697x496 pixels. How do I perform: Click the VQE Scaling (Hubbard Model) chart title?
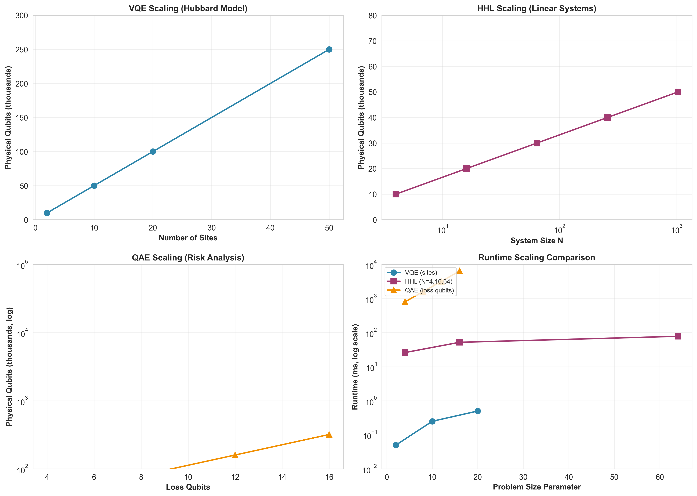pyautogui.click(x=188, y=9)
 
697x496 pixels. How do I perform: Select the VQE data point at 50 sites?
pyautogui.click(x=329, y=50)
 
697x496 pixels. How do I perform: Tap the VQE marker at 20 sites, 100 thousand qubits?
pyautogui.click(x=153, y=151)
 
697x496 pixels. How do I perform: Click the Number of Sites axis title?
pyautogui.click(x=188, y=238)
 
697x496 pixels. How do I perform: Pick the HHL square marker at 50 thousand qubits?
pyautogui.click(x=677, y=92)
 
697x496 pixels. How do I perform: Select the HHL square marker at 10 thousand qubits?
pyautogui.click(x=395, y=194)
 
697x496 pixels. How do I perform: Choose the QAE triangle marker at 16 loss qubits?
pyautogui.click(x=329, y=434)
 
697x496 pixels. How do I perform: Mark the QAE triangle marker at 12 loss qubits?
pyautogui.click(x=235, y=455)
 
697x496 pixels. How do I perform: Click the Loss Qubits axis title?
pyautogui.click(x=188, y=487)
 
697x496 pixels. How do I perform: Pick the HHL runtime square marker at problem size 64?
pyautogui.click(x=677, y=336)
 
